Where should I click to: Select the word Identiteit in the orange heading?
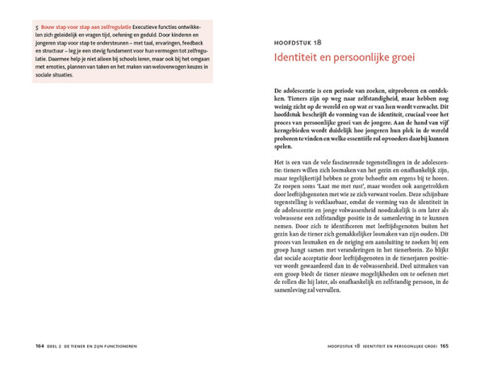point(298,60)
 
